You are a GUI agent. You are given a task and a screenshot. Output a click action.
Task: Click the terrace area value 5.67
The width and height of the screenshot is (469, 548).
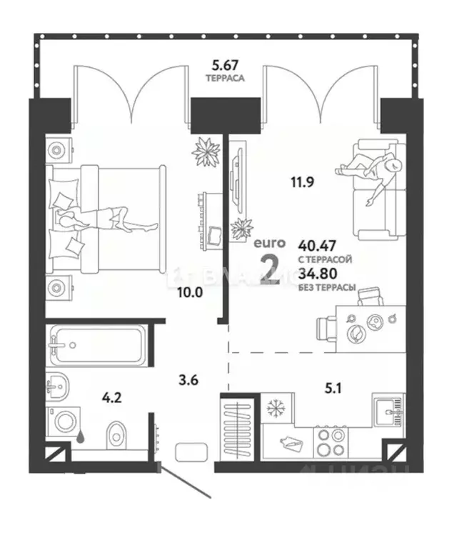click(223, 64)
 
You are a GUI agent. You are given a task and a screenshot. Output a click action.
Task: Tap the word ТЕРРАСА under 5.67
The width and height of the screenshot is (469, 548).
click(223, 77)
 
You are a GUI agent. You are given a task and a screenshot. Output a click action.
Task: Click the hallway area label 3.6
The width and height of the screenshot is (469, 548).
click(188, 380)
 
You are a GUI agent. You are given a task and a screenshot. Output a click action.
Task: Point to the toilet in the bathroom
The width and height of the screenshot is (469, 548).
click(116, 432)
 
